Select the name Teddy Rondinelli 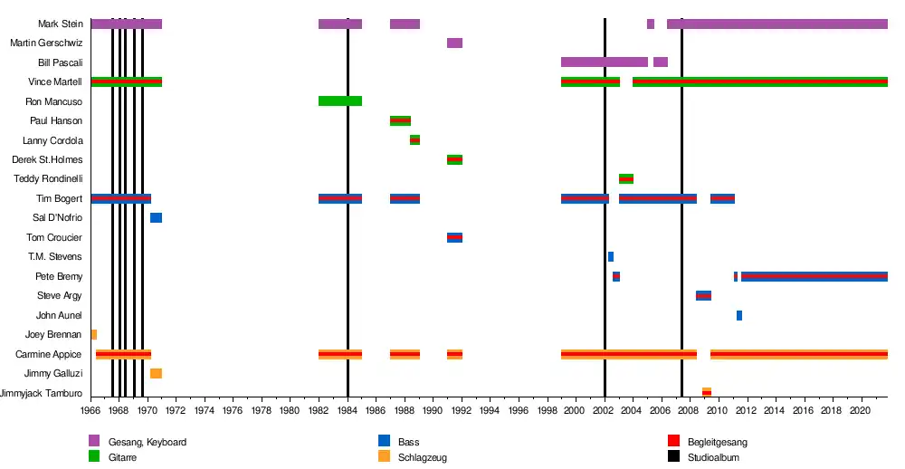[49, 179]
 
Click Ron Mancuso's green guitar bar [340, 101]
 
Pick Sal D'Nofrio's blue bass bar [156, 218]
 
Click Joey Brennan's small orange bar [93, 335]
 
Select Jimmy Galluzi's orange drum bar [156, 374]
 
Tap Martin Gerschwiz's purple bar [454, 43]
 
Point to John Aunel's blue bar [739, 316]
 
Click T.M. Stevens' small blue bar [611, 257]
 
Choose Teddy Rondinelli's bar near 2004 [626, 179]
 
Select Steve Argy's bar [703, 296]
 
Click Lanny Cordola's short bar [414, 140]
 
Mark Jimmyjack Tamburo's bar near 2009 [707, 393]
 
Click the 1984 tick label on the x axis [348, 410]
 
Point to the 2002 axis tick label [605, 410]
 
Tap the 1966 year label [90, 410]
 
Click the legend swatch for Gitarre [94, 457]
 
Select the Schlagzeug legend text [423, 457]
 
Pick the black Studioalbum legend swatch [673, 457]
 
